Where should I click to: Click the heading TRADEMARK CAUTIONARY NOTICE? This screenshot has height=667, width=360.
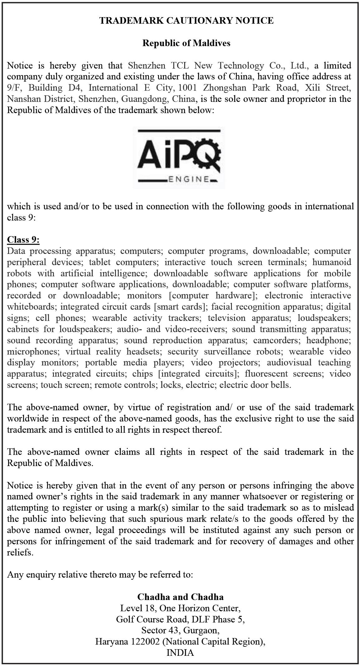click(x=186, y=21)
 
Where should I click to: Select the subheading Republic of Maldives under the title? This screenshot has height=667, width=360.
click(x=186, y=43)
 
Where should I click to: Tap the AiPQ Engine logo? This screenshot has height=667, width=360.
click(x=179, y=158)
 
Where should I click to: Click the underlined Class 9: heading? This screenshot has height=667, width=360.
click(x=23, y=240)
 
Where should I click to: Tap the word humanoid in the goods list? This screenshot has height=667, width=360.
click(x=332, y=262)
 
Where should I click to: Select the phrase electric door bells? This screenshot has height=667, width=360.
click(x=255, y=385)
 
